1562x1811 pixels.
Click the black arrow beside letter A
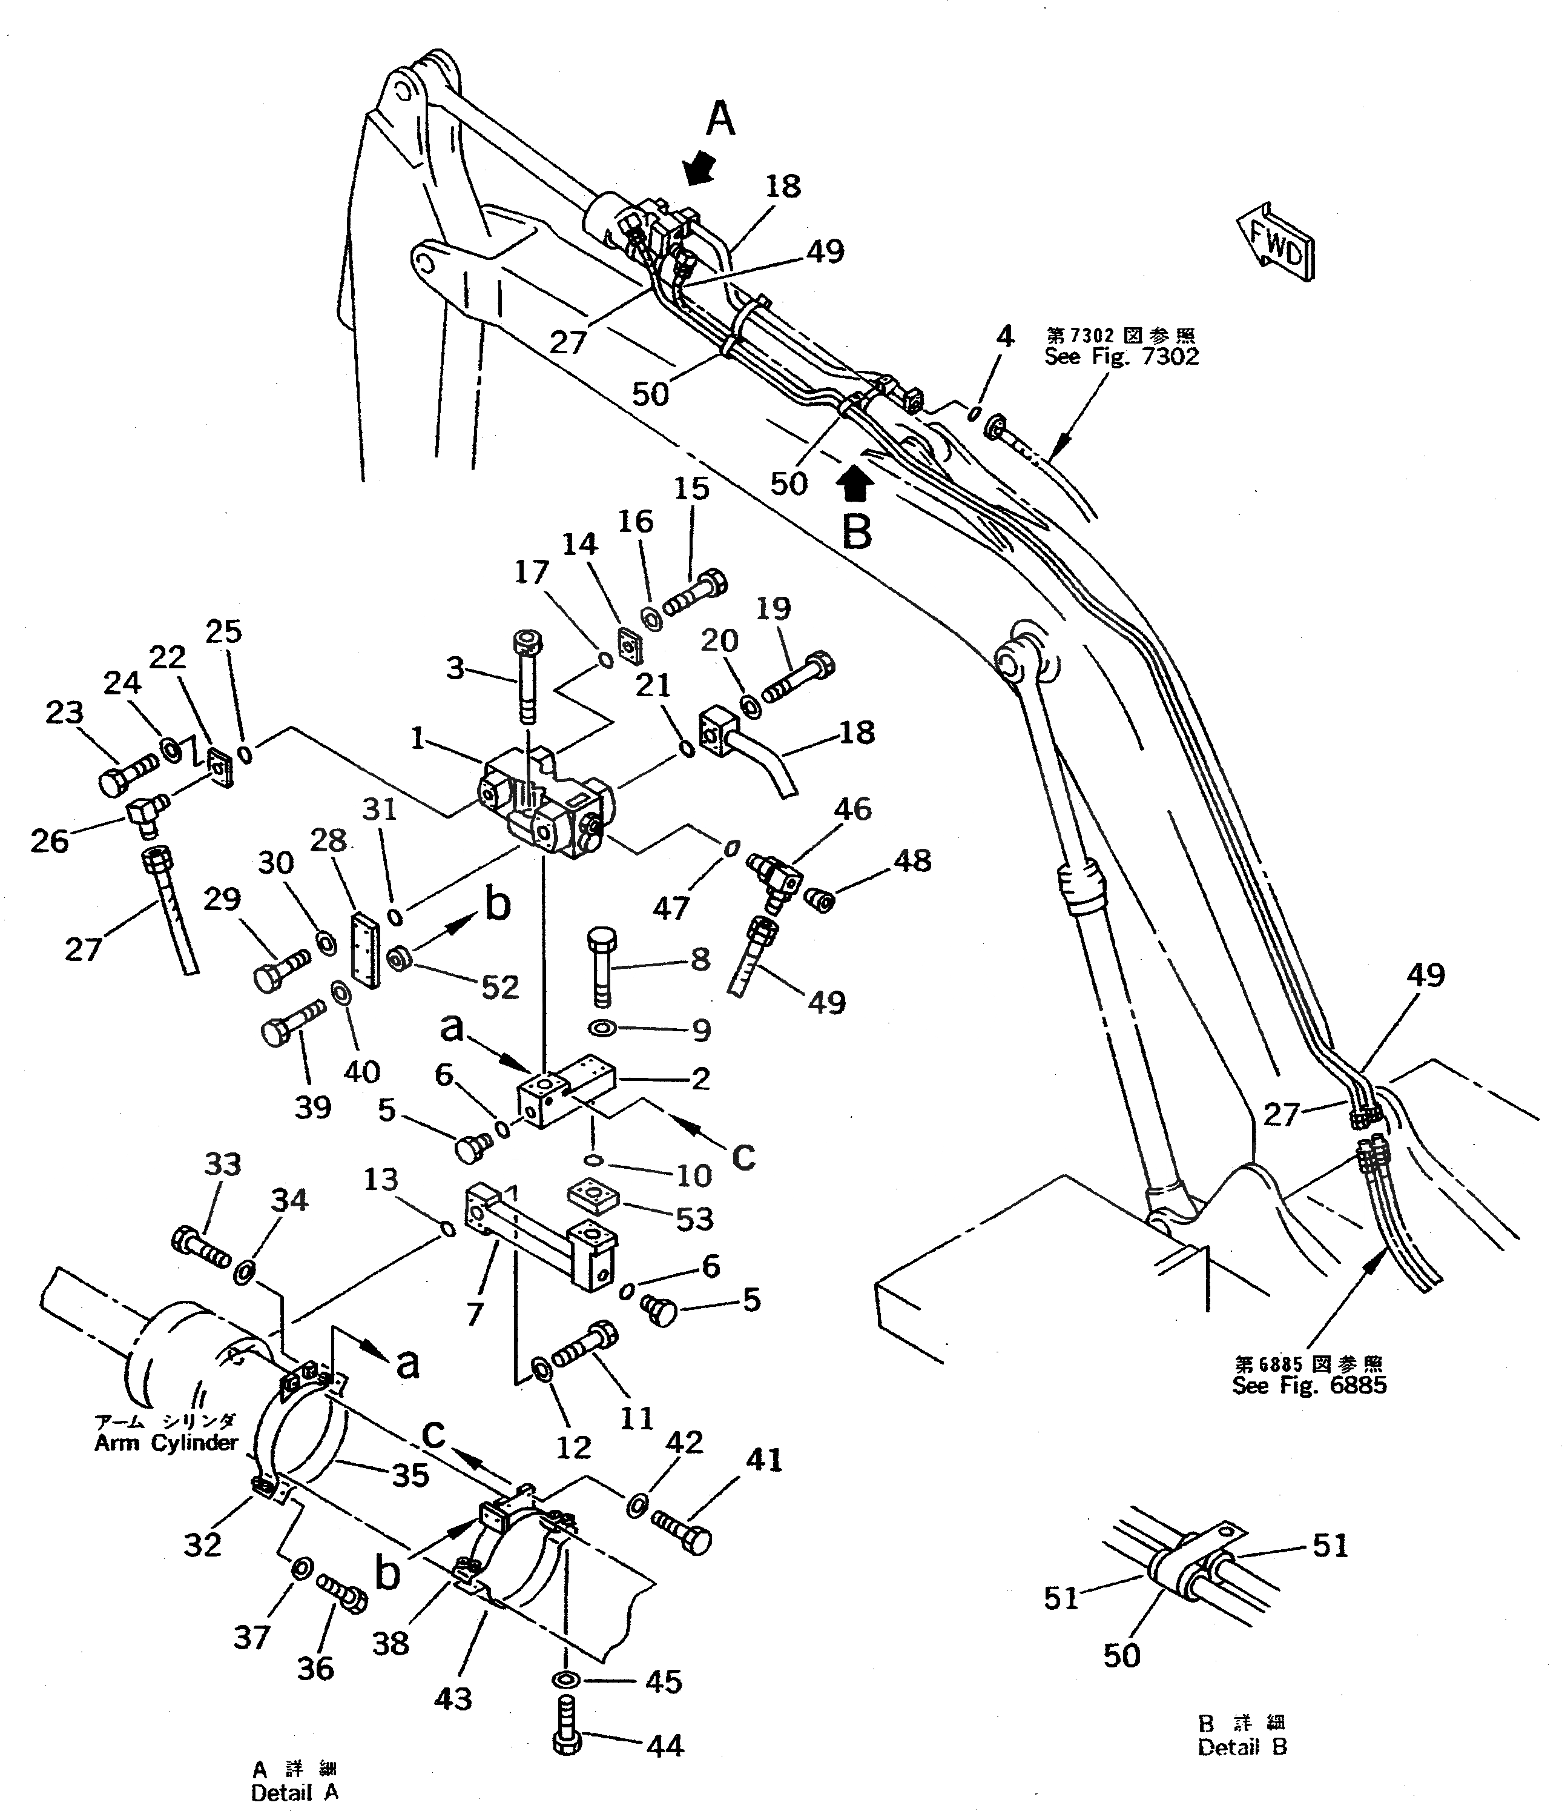[x=700, y=168]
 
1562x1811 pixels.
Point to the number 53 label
[x=694, y=1218]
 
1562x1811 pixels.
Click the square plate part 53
[x=593, y=1197]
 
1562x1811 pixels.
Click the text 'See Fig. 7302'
[x=1122, y=357]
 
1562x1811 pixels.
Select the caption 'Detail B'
[x=1242, y=1748]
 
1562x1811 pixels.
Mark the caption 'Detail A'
[x=294, y=1793]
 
